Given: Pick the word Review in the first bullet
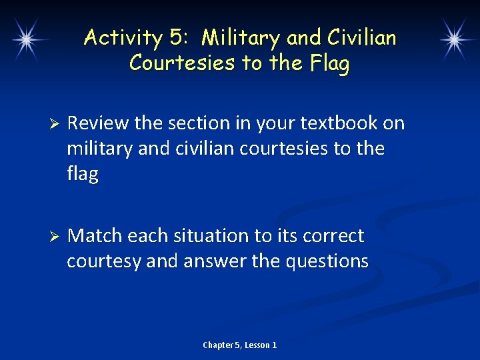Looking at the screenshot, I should tap(98, 123).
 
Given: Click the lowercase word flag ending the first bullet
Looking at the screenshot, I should tap(82, 174).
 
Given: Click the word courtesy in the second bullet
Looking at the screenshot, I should tap(103, 261).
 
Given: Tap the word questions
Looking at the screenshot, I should tap(327, 261).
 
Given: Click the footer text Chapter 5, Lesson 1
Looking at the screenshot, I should tap(240, 345).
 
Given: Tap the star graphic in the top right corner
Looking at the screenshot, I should tap(455, 40).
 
